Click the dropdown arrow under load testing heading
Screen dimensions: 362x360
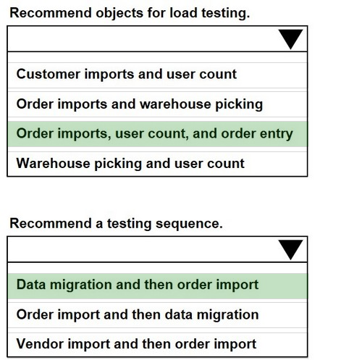290,39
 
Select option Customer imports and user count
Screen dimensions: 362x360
127,74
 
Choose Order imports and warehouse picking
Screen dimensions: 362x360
140,104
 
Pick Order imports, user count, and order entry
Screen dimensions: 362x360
154,134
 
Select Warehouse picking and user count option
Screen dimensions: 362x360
130,164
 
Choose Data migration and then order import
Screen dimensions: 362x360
138,285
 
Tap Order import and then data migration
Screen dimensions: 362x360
138,315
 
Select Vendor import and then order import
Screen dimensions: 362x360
136,344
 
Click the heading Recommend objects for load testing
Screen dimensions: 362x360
130,13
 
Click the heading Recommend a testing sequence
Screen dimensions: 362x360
116,224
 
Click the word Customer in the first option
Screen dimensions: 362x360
49,74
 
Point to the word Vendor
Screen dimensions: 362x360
40,343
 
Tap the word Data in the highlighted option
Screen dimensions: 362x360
31,284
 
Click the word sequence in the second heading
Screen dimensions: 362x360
189,224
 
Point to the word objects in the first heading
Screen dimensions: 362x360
119,13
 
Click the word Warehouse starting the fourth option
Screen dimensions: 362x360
53,163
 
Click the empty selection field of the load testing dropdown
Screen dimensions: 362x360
143,39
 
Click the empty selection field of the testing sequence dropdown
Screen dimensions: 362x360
143,249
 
